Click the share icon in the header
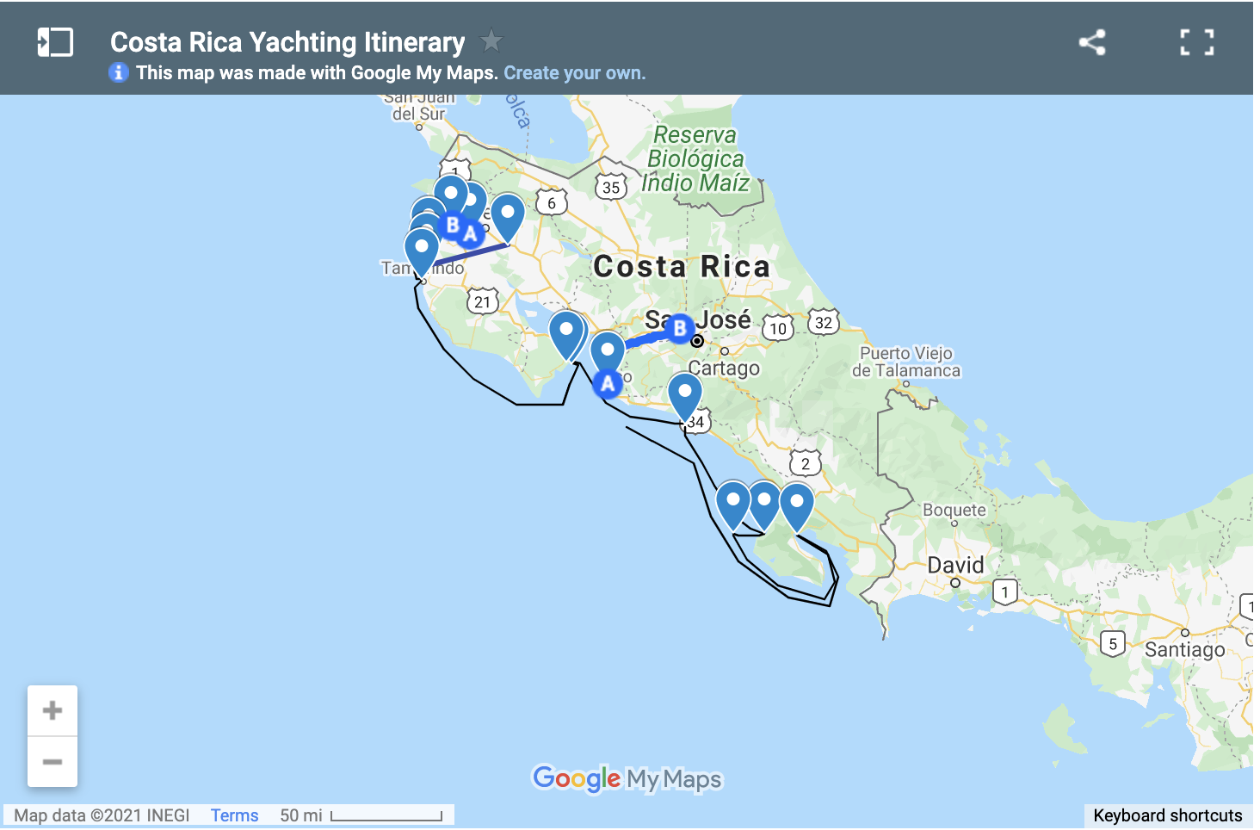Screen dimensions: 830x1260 [1092, 42]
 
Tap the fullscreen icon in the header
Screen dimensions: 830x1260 [1196, 42]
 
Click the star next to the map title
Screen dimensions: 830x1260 [491, 40]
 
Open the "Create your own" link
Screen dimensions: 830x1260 [574, 73]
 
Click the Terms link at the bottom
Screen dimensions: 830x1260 [234, 815]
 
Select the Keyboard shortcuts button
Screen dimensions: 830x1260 [1167, 815]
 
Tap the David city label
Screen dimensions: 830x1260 [955, 565]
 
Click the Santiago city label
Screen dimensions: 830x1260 [1184, 649]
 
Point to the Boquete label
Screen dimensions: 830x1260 [954, 510]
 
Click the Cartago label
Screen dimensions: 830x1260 [724, 369]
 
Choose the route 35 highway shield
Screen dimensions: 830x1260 [610, 187]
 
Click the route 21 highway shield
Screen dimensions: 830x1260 [482, 301]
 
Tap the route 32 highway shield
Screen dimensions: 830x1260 [824, 323]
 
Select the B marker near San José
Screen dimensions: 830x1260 [680, 328]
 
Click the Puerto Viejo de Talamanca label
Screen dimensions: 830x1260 [906, 362]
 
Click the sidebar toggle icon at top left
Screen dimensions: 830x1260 [55, 42]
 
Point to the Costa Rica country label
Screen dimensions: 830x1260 [682, 267]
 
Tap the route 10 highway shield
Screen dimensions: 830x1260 [778, 328]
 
